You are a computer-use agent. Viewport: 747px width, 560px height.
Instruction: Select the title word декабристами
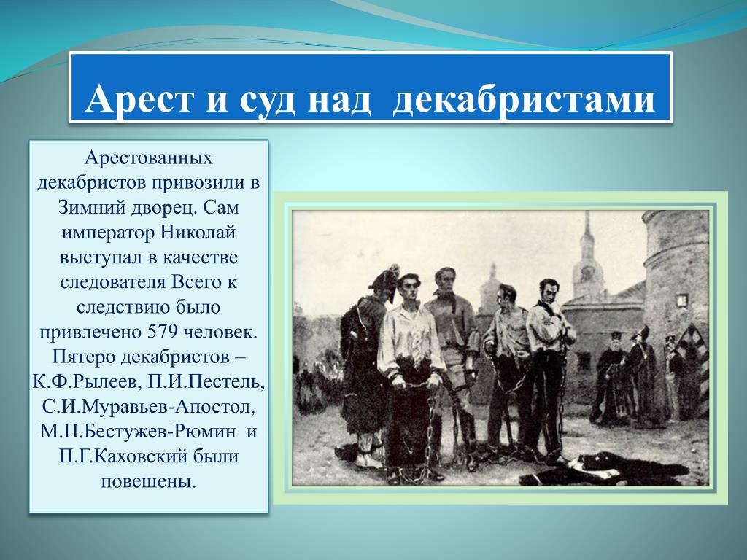click(x=524, y=99)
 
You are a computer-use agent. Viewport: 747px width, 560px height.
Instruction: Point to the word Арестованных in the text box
click(x=149, y=157)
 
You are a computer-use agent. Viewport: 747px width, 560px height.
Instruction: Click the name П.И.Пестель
click(x=206, y=382)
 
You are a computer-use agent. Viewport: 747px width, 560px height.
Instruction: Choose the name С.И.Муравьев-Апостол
click(x=148, y=407)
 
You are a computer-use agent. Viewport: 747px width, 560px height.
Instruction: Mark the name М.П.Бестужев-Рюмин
click(x=138, y=432)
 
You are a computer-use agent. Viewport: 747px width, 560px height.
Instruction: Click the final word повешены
click(x=149, y=481)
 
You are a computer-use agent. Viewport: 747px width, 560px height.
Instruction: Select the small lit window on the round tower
click(x=682, y=300)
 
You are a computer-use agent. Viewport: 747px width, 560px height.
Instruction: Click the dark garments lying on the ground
click(x=604, y=469)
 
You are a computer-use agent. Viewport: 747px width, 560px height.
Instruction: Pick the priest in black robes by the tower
click(x=611, y=377)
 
